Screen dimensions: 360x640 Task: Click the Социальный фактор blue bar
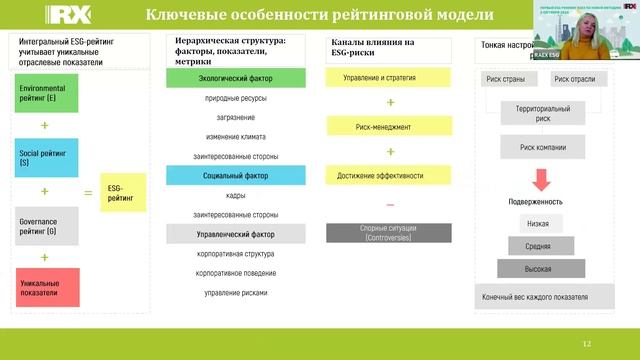coord(234,174)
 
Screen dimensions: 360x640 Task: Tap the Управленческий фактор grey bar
coord(234,234)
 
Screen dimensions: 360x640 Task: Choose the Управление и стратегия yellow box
coord(390,78)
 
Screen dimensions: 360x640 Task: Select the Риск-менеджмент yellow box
coord(390,128)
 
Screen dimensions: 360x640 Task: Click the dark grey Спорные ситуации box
coord(390,232)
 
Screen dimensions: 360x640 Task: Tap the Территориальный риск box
coord(541,112)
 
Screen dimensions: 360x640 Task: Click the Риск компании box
coord(541,147)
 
